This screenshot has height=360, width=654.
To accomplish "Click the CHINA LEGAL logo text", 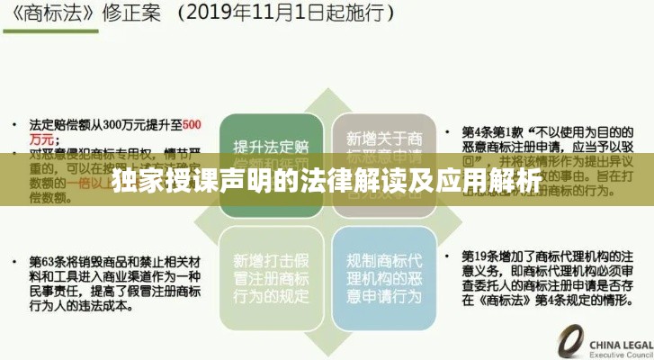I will click(621, 345).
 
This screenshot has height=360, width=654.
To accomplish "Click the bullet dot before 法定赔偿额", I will click(17, 123).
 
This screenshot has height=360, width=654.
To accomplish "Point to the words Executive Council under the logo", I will click(621, 355).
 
